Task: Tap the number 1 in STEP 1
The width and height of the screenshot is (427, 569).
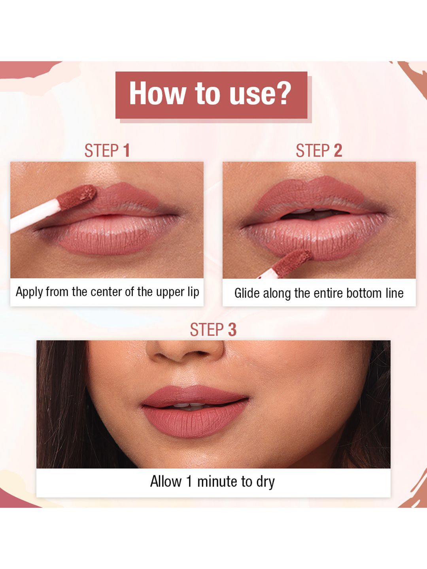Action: pyautogui.click(x=126, y=151)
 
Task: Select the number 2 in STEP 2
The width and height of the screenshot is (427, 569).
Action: pyautogui.click(x=338, y=151)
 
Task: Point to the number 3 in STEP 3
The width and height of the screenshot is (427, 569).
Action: pyautogui.click(x=232, y=330)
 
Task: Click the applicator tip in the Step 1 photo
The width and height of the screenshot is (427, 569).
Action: pyautogui.click(x=76, y=196)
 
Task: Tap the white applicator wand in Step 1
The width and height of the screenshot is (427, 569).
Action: pyautogui.click(x=35, y=216)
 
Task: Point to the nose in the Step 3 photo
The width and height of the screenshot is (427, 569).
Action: pyautogui.click(x=185, y=351)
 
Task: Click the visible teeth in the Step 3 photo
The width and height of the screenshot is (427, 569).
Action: pyautogui.click(x=191, y=405)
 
